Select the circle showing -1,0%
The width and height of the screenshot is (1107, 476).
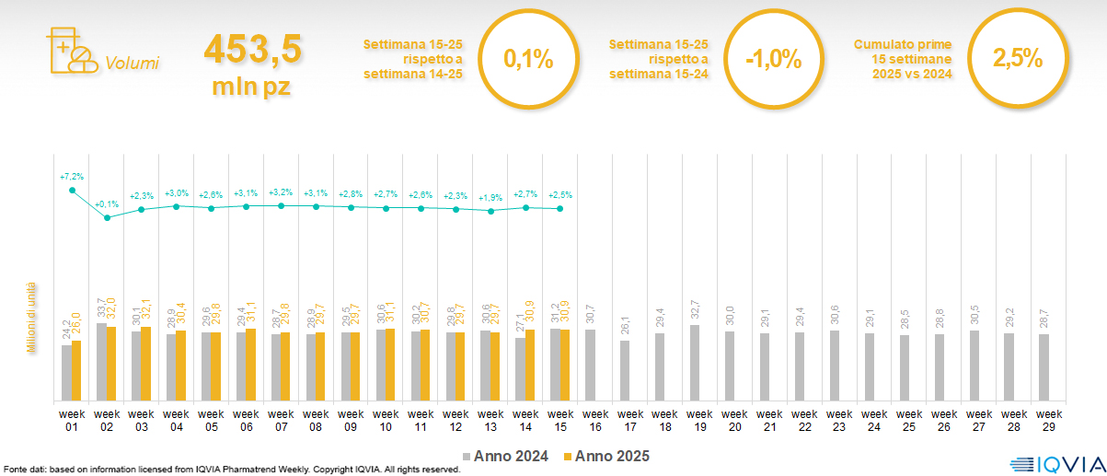coord(773,61)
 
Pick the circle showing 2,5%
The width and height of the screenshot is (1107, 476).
coord(1017,59)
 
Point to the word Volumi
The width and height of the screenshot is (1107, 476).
coord(132,64)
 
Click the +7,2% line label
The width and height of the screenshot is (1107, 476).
coord(72,176)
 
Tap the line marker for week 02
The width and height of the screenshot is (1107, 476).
coord(107,217)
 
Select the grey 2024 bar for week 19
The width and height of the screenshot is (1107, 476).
coord(695,363)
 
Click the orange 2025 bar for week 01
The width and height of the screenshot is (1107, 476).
coord(76,370)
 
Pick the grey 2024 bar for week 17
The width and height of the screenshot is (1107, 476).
coord(625,370)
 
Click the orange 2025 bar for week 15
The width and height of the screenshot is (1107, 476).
coord(565,366)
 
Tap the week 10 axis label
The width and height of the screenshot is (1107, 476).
coord(386,420)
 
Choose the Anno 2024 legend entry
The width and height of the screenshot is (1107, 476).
coord(505,456)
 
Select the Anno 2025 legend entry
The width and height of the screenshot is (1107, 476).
coord(606,456)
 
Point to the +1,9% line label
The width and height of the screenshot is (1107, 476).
coord(490,197)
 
